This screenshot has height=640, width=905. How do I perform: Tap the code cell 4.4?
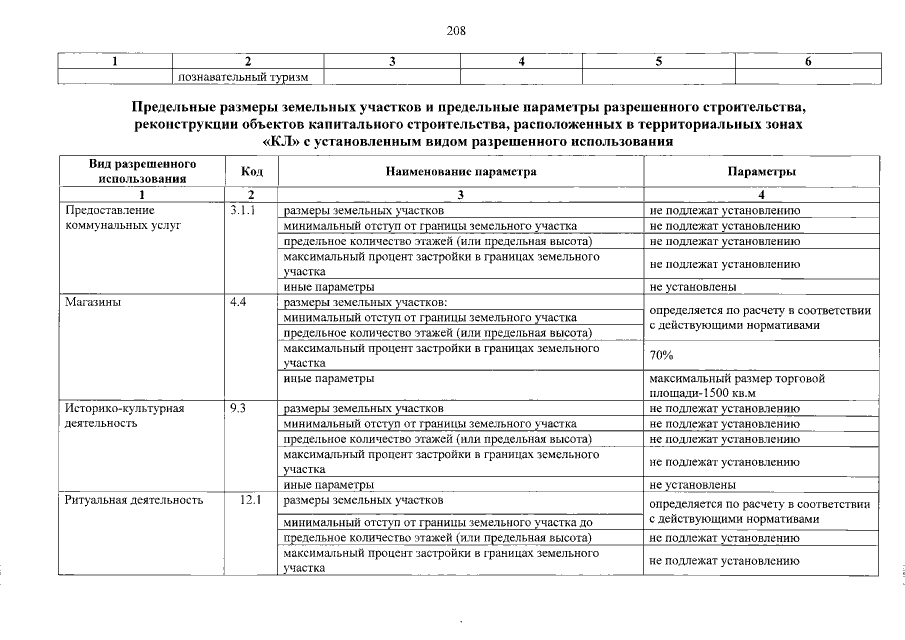click(238, 301)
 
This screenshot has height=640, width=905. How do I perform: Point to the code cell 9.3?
click(238, 408)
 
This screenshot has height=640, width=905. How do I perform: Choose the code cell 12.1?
click(250, 498)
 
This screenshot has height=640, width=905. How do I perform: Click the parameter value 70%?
click(661, 355)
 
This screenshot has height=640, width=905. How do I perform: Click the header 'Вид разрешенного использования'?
click(142, 171)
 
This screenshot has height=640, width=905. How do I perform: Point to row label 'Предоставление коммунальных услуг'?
click(121, 218)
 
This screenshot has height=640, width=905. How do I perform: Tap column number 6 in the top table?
click(807, 61)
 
